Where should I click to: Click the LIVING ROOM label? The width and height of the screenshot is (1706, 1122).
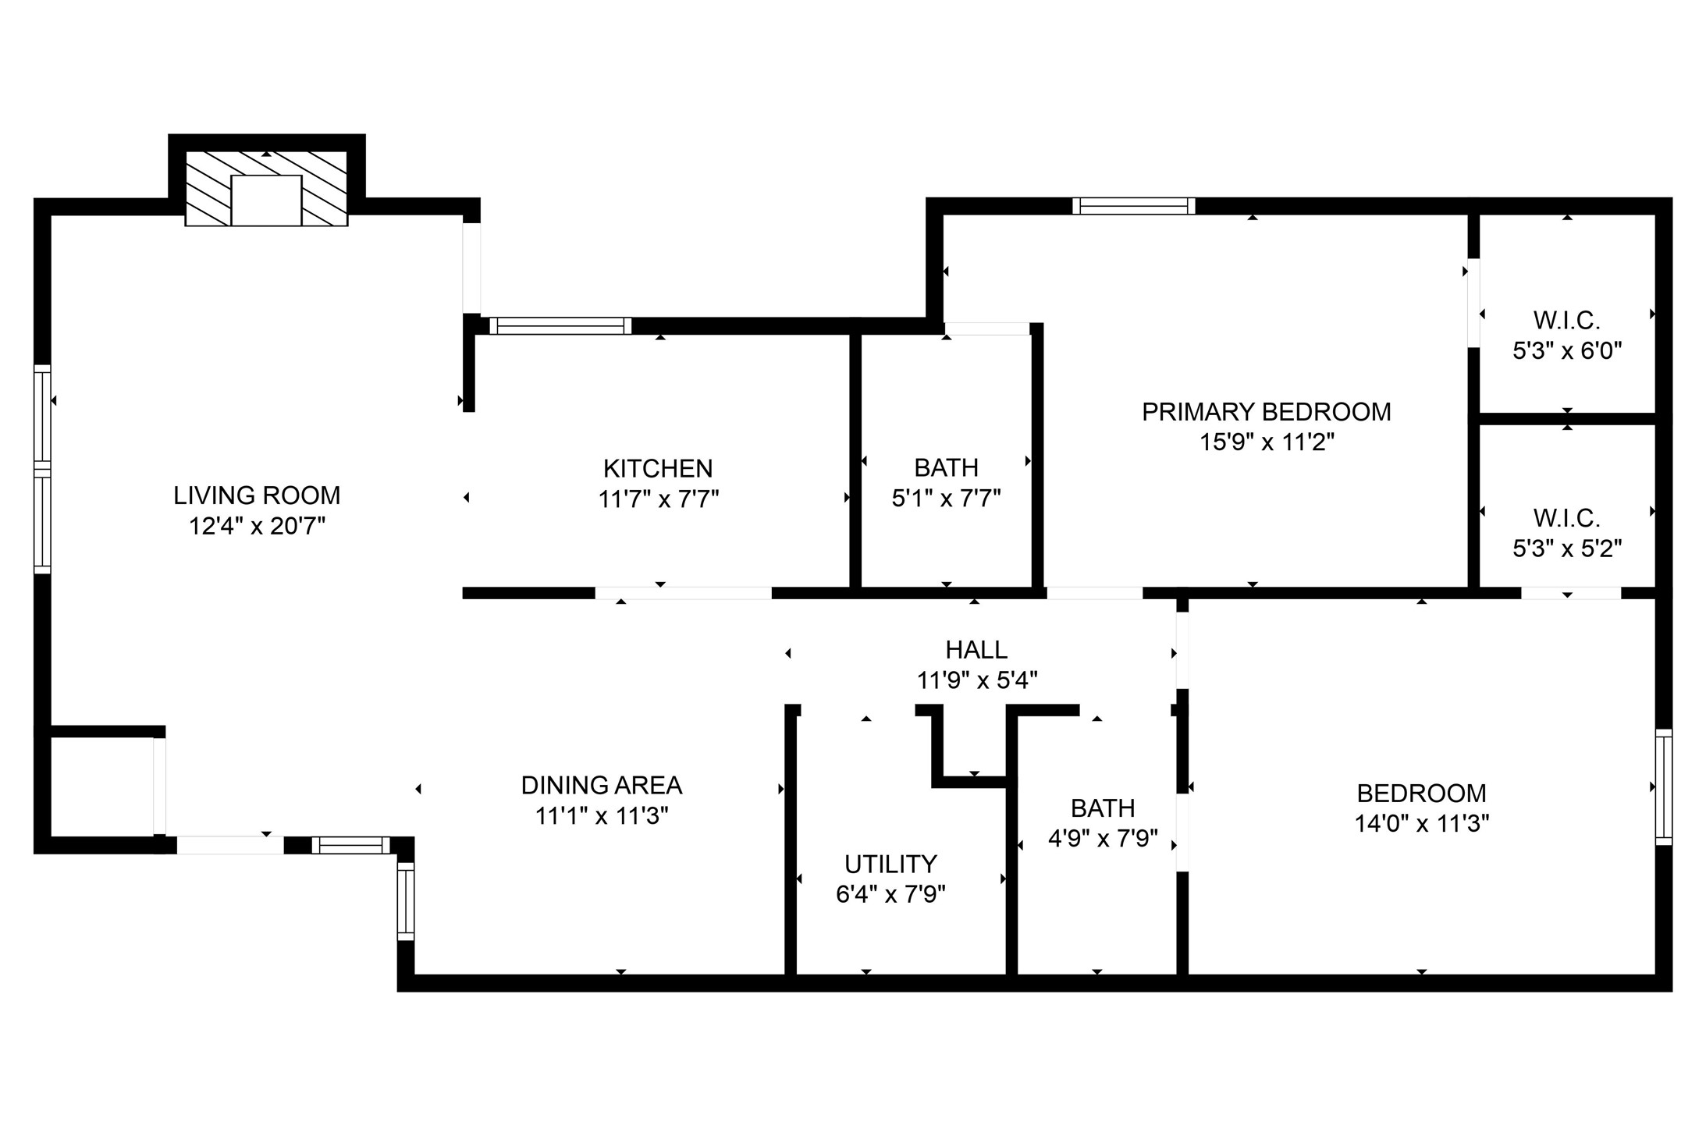(x=257, y=495)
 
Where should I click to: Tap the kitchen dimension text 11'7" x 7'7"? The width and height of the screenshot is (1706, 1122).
(x=659, y=499)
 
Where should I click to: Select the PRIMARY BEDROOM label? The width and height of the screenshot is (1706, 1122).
(x=1267, y=412)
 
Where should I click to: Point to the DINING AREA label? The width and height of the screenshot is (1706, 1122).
(x=602, y=785)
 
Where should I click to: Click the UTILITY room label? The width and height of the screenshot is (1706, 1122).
(x=890, y=864)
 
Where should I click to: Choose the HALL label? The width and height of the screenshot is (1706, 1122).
(x=976, y=649)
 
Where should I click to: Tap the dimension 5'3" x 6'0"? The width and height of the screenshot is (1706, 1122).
(x=1567, y=351)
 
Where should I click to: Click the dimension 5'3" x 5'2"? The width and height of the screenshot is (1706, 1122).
(x=1567, y=549)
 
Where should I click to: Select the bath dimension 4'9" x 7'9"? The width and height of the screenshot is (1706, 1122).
(x=1103, y=839)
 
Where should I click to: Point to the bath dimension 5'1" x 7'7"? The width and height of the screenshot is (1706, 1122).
(x=947, y=498)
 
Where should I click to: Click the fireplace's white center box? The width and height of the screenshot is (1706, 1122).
(x=266, y=201)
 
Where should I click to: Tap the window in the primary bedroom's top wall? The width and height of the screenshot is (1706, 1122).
(x=1134, y=206)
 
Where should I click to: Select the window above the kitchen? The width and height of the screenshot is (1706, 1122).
(x=560, y=325)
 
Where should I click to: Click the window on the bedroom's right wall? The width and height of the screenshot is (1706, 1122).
(x=1664, y=786)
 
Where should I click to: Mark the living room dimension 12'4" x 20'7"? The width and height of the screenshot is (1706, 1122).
(x=257, y=527)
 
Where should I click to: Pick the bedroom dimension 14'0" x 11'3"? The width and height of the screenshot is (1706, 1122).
(x=1422, y=824)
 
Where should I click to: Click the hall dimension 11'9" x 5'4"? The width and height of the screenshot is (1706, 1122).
(x=976, y=680)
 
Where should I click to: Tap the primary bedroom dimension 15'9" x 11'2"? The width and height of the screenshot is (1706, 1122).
(x=1267, y=442)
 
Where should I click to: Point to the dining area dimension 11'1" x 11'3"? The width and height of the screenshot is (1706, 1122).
(x=602, y=816)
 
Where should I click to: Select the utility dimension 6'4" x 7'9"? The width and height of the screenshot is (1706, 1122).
(x=890, y=894)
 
